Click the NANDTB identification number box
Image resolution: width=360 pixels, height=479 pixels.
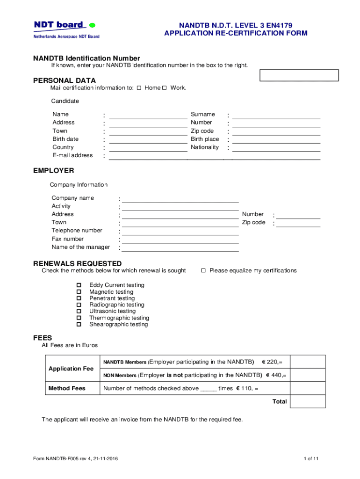[299, 75]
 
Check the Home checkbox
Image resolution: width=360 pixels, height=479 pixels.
[139, 88]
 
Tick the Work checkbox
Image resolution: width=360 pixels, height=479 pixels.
[164, 88]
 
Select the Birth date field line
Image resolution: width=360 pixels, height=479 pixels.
[148, 141]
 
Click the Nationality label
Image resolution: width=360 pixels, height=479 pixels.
[204, 147]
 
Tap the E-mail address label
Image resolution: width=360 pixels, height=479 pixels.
[72, 155]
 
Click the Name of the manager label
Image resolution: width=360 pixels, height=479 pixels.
[80, 247]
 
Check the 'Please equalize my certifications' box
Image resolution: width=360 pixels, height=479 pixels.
[203, 270]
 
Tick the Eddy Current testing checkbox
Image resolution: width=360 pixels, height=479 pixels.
[79, 285]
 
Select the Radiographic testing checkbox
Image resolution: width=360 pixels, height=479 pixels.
[79, 305]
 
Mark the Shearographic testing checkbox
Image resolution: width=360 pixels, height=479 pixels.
[79, 324]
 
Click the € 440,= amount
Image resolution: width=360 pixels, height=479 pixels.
[276, 375]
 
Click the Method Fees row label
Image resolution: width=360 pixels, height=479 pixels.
[67, 388]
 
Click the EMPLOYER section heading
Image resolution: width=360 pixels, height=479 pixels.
[53, 171]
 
